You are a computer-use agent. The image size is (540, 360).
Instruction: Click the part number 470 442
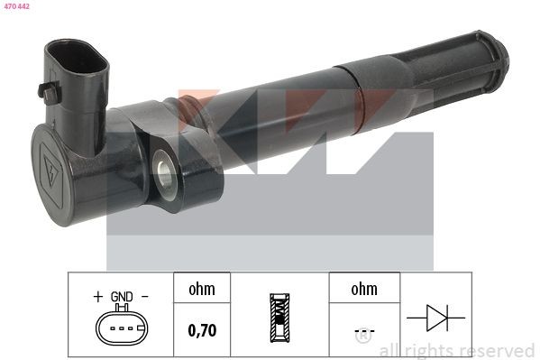coord(16,6)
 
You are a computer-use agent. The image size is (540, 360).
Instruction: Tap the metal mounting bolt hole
coord(163,171)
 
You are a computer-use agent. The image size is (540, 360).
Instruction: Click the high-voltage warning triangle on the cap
coord(52,171)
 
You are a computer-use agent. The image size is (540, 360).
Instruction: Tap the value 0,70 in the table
coord(202,330)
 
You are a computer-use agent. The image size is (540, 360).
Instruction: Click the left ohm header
coord(202,289)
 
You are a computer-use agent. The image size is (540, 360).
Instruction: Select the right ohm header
coord(364,289)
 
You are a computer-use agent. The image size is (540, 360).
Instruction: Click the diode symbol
coord(436,318)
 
